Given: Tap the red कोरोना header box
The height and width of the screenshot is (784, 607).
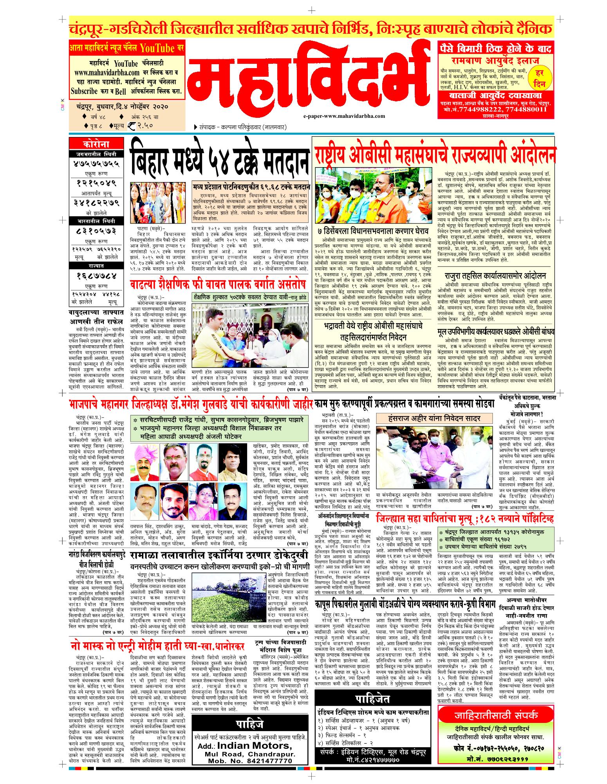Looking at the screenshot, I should point(93,144).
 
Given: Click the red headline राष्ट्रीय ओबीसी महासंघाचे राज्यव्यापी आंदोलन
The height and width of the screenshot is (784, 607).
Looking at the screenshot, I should point(434,153).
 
